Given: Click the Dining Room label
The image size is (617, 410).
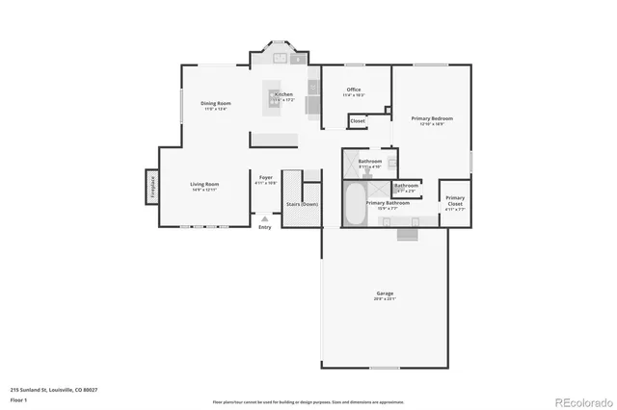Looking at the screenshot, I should [x=216, y=103].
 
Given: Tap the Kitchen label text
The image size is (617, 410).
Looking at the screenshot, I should [x=282, y=94].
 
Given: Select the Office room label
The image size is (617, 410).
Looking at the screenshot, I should [x=354, y=90].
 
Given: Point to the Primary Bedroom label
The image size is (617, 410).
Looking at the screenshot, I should [x=432, y=118].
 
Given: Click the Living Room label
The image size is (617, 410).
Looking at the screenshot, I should [x=203, y=184].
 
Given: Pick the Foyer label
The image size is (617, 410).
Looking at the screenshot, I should [x=265, y=178].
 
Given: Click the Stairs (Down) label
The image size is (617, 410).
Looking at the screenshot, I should [x=303, y=204].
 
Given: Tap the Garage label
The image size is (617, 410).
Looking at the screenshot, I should [x=385, y=293].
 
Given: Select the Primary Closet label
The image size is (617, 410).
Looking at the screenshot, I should [x=455, y=200].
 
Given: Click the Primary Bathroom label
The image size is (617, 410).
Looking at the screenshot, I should [x=389, y=203].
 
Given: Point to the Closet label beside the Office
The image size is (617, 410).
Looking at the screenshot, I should [x=358, y=121].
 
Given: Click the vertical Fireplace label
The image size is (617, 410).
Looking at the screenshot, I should [x=152, y=186].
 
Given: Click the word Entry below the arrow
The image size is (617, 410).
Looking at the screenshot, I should [x=265, y=227].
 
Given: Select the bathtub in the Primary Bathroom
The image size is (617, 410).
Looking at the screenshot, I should [x=353, y=205].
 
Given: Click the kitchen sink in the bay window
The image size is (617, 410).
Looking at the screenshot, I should [x=280, y=58].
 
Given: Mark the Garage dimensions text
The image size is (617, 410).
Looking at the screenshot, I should [x=385, y=299].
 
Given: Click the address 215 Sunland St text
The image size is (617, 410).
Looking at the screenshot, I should [x=54, y=390].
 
